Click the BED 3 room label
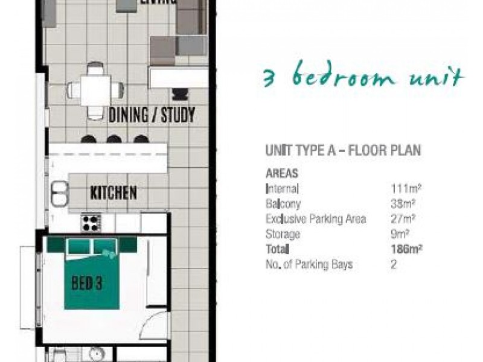point(86,283)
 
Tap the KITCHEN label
point(113,193)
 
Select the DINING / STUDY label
point(152,115)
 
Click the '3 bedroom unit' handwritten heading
point(363,78)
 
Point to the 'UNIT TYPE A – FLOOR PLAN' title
point(343,150)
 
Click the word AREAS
point(282,173)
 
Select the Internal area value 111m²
point(404,189)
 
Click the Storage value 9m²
point(400,234)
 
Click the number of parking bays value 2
point(394,264)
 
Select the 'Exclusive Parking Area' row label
point(315,219)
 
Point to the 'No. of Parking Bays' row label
point(309,264)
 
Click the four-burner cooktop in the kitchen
point(92,223)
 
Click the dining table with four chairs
point(96,91)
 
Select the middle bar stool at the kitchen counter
point(114,139)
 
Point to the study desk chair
point(180,94)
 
